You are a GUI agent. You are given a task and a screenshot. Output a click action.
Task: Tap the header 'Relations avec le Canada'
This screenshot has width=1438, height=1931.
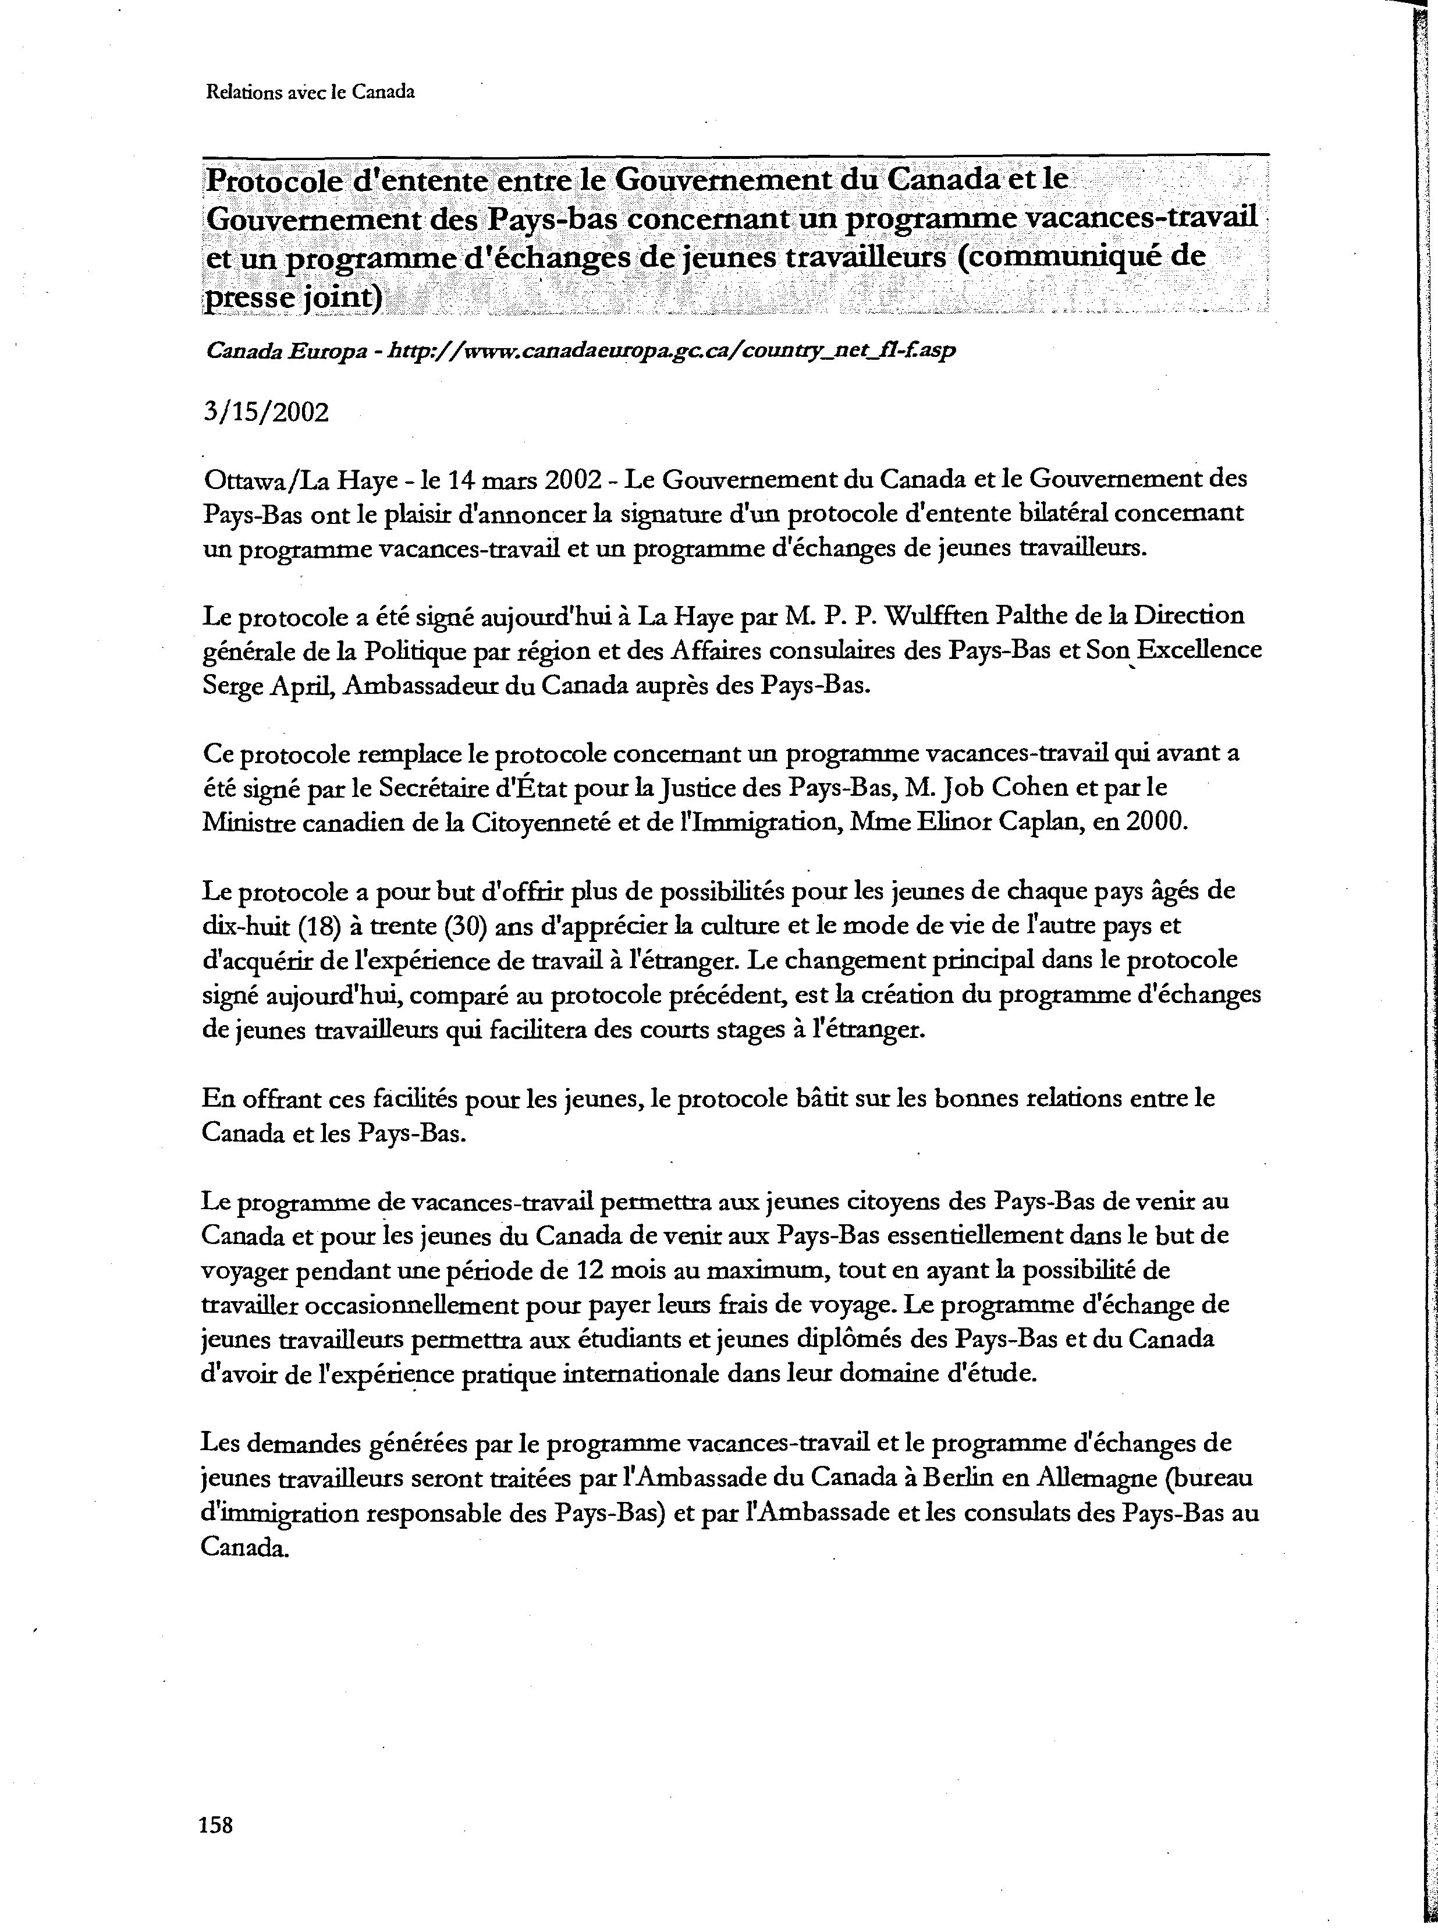click(x=310, y=91)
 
